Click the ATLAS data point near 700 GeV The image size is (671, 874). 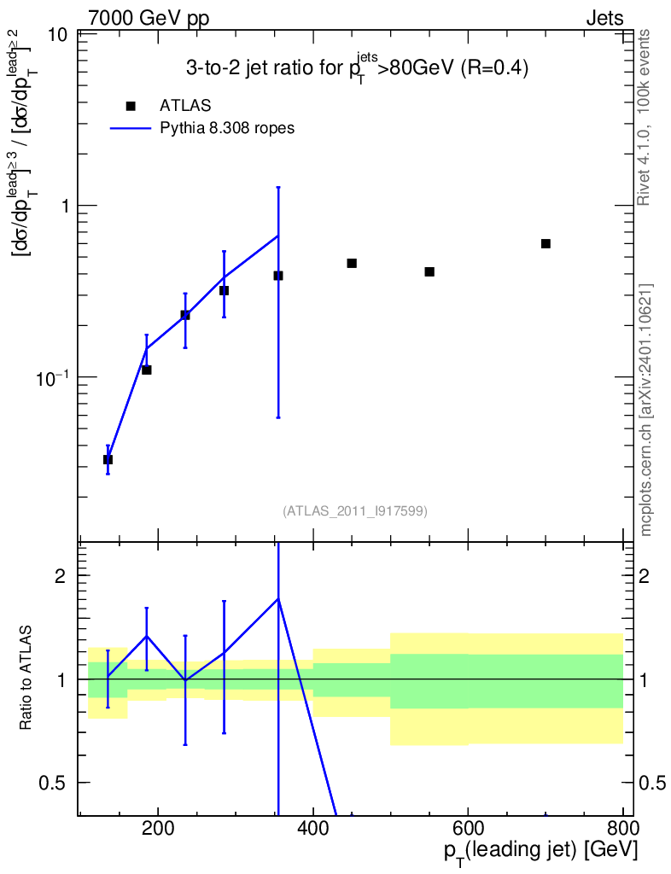click(x=546, y=243)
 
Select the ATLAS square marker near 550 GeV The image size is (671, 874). click(x=429, y=272)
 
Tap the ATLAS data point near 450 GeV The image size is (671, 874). click(x=352, y=263)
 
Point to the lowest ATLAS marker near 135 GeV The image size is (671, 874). click(x=108, y=459)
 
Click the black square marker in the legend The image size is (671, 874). click(x=131, y=106)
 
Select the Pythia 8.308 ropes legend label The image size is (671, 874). click(x=227, y=128)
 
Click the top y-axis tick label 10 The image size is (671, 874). click(x=57, y=34)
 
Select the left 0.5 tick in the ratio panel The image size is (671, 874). click(x=52, y=784)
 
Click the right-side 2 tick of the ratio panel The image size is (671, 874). click(x=645, y=576)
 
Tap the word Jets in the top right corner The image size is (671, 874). click(x=604, y=19)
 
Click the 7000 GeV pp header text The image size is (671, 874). click(x=149, y=19)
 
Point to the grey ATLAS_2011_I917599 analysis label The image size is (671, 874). click(x=355, y=510)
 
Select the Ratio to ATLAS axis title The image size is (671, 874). click(x=26, y=678)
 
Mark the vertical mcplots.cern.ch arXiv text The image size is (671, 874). click(x=645, y=411)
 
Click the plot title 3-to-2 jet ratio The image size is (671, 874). click(x=357, y=67)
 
